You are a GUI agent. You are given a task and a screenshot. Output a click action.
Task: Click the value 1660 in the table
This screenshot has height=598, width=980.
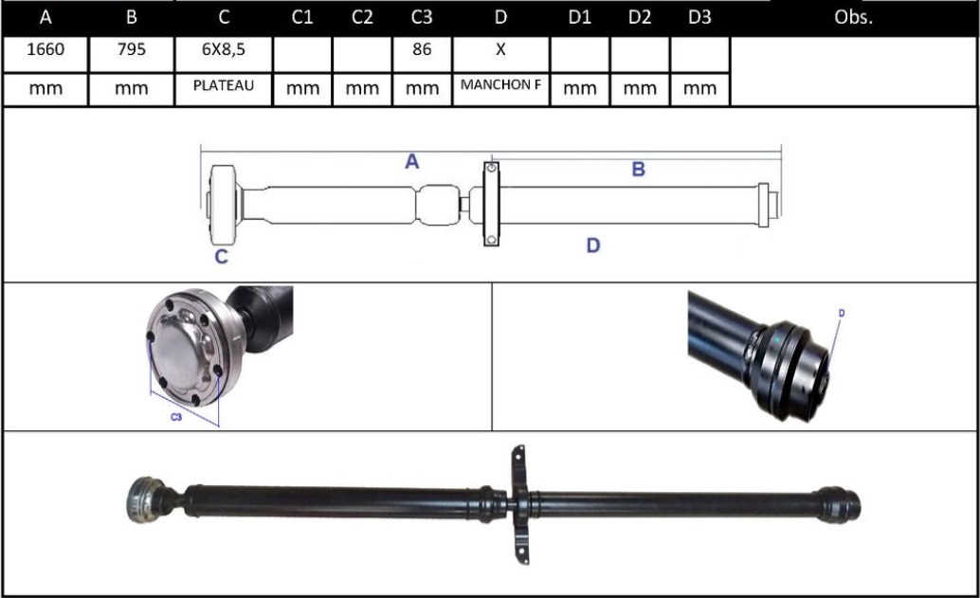[45, 50]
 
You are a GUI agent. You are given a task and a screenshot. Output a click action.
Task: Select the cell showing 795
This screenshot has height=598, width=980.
[131, 50]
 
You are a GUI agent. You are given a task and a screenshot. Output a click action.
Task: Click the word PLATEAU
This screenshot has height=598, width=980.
[224, 85]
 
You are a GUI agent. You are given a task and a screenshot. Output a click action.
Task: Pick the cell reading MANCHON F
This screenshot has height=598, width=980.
[500, 85]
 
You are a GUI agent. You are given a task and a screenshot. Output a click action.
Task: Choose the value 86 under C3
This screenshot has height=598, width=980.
[422, 50]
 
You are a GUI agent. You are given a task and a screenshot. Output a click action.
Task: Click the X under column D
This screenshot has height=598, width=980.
[500, 50]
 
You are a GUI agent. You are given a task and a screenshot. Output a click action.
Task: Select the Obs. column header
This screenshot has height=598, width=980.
[854, 18]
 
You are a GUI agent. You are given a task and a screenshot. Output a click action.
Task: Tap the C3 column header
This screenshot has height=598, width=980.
[422, 18]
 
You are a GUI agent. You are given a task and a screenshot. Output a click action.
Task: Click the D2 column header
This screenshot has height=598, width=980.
[640, 18]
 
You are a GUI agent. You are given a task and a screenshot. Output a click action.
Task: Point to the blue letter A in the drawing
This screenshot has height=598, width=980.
[412, 162]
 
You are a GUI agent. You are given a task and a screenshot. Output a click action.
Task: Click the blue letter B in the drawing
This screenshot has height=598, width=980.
[638, 170]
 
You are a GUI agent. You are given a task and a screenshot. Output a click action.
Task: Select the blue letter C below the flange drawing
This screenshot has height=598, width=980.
[220, 256]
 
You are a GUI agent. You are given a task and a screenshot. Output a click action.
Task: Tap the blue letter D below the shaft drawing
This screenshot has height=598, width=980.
[592, 245]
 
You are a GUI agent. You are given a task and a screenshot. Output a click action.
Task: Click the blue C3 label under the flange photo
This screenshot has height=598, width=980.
[176, 417]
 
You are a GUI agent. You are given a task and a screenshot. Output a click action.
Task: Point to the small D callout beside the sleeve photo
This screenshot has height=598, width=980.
[841, 313]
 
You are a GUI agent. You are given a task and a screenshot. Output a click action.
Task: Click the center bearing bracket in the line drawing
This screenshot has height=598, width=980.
[490, 203]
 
